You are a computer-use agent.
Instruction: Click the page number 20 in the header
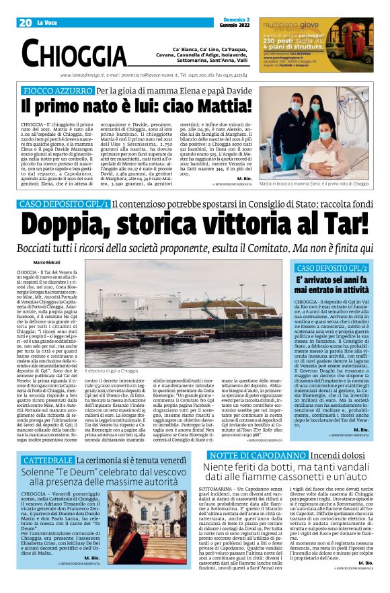(26, 22)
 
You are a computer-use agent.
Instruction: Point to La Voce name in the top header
(47, 23)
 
